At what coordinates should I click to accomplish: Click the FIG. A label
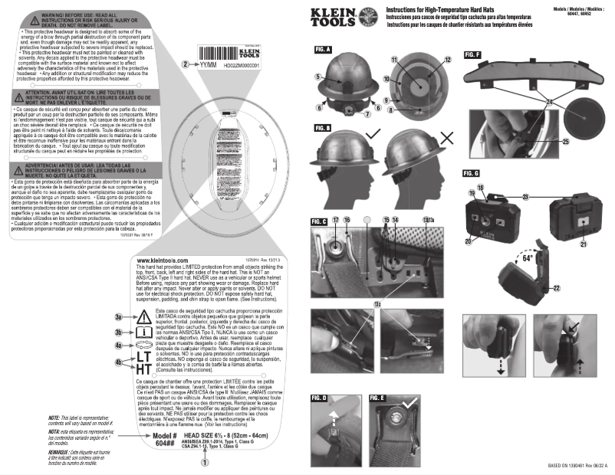[322, 50]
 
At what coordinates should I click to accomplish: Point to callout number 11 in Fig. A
[394, 59]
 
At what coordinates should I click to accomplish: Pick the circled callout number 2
[186, 65]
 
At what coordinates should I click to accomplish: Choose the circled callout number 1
[203, 462]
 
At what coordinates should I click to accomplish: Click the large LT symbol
[143, 358]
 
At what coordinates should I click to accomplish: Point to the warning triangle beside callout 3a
[143, 316]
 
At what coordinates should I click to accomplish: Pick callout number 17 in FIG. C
[336, 198]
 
